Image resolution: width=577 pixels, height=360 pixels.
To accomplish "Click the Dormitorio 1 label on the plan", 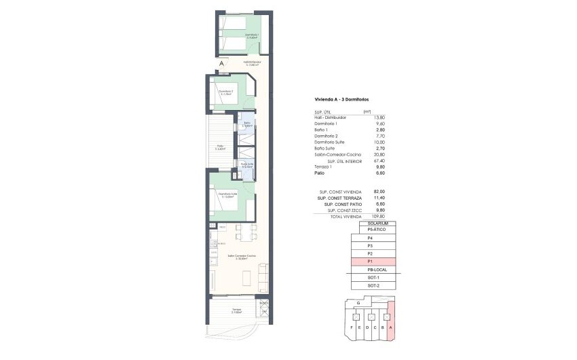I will coord(252,37).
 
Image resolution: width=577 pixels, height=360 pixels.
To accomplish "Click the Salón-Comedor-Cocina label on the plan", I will coord(242,257).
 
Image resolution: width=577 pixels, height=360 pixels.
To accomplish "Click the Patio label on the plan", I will coord(221,147).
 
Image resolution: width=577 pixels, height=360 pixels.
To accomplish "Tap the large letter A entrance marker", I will coord(221,65).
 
